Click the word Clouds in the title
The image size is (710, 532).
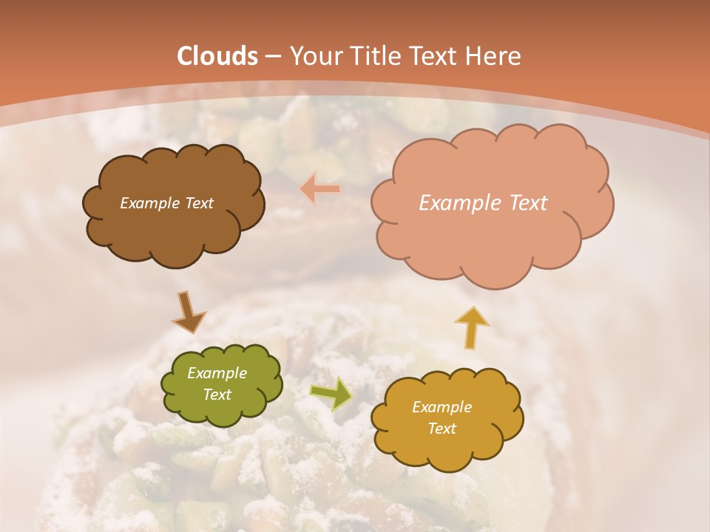(x=217, y=56)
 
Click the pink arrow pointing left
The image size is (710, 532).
(x=319, y=189)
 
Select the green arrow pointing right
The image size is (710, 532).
(x=331, y=394)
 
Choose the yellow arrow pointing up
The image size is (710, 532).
(x=471, y=327)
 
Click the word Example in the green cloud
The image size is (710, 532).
(x=217, y=373)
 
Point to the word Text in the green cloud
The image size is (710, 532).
(x=217, y=395)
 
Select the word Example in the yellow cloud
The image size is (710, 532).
(x=442, y=407)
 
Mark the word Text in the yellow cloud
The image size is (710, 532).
(x=442, y=429)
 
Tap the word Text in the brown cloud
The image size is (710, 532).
(x=198, y=203)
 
